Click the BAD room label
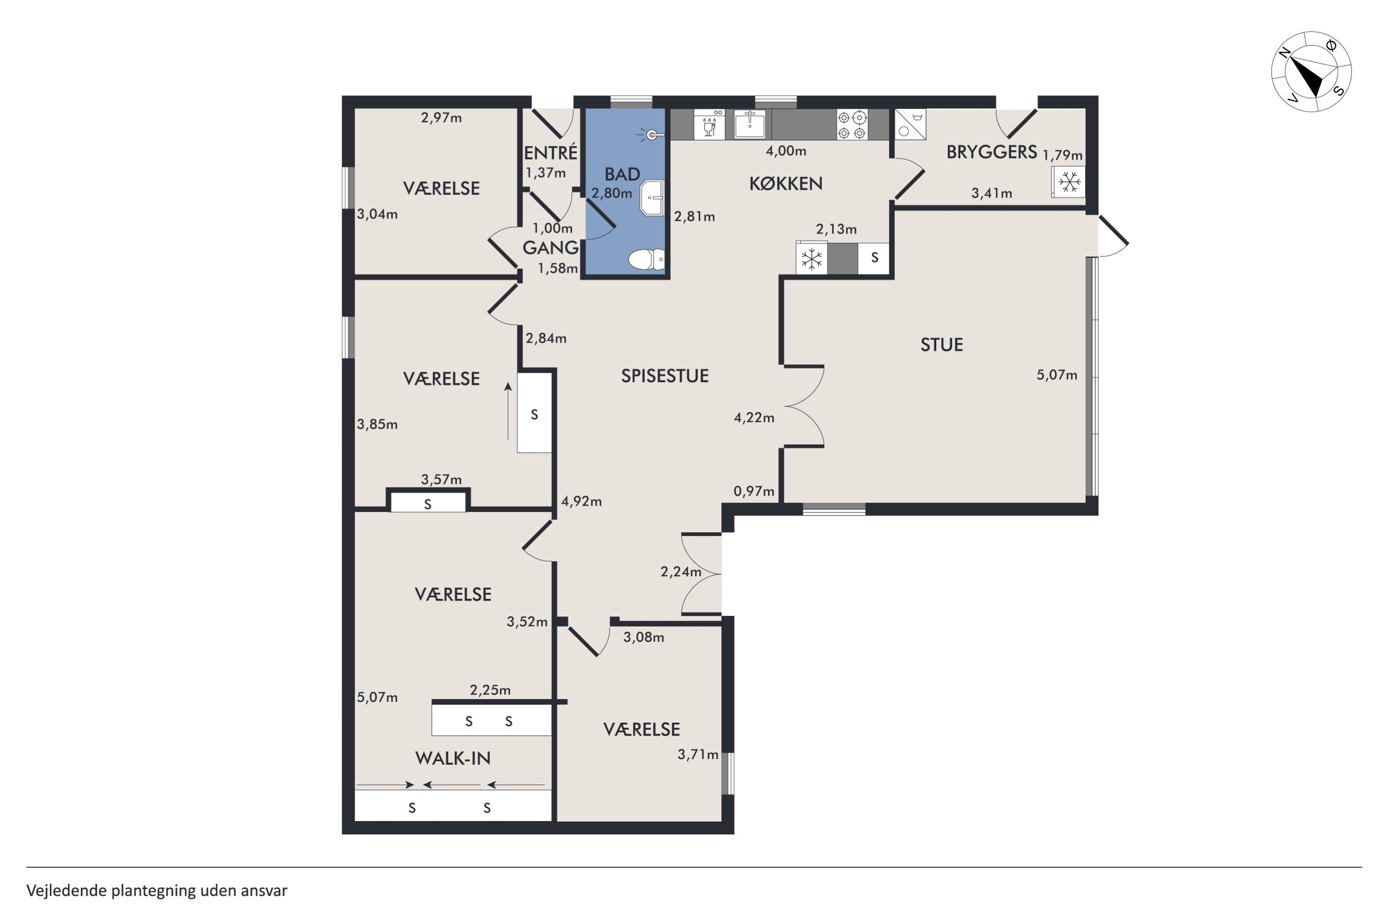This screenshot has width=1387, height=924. [622, 174]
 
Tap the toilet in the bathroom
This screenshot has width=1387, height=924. [646, 259]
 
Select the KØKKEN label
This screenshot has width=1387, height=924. [785, 184]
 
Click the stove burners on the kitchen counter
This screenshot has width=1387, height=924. [852, 125]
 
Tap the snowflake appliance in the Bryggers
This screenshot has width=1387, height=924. [1068, 182]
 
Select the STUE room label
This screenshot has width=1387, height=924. [942, 345]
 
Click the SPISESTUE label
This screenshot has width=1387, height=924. [664, 376]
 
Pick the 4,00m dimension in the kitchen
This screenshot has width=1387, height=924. [786, 151]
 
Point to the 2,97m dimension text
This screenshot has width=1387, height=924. [441, 118]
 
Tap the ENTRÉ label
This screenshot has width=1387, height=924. [551, 153]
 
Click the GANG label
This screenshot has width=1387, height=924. [551, 248]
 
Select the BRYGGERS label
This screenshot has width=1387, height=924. [992, 152]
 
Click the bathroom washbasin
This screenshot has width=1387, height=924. [652, 198]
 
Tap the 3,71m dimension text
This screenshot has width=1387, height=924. [698, 755]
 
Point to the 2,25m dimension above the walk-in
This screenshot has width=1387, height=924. [490, 690]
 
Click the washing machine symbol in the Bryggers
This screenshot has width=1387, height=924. [910, 124]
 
